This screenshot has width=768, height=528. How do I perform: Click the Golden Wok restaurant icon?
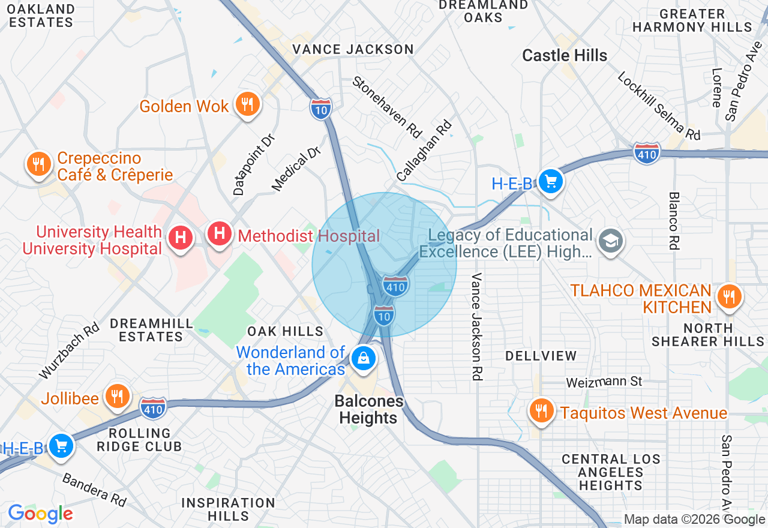point(247,104)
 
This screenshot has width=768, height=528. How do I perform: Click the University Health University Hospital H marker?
point(181,237)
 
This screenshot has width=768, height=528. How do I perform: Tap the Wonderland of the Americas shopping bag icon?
point(363,359)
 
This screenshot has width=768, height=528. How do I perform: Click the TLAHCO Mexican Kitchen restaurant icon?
point(728,296)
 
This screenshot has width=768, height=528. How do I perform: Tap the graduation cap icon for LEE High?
point(611,241)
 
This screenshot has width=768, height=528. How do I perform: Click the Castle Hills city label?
point(565,56)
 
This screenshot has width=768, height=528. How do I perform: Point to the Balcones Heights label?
point(369,409)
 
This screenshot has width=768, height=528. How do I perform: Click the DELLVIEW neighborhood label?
point(541,356)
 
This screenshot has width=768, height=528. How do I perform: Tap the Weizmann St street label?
point(604,382)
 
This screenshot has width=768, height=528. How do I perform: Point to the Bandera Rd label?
point(94,488)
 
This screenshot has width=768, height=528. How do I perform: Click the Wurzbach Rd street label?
point(70,352)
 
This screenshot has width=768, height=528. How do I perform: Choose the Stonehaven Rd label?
point(388,107)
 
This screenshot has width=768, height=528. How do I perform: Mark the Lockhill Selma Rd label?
point(659,106)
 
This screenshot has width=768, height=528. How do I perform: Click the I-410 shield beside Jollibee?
point(153,408)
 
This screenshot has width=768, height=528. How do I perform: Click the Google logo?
point(40,514)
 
